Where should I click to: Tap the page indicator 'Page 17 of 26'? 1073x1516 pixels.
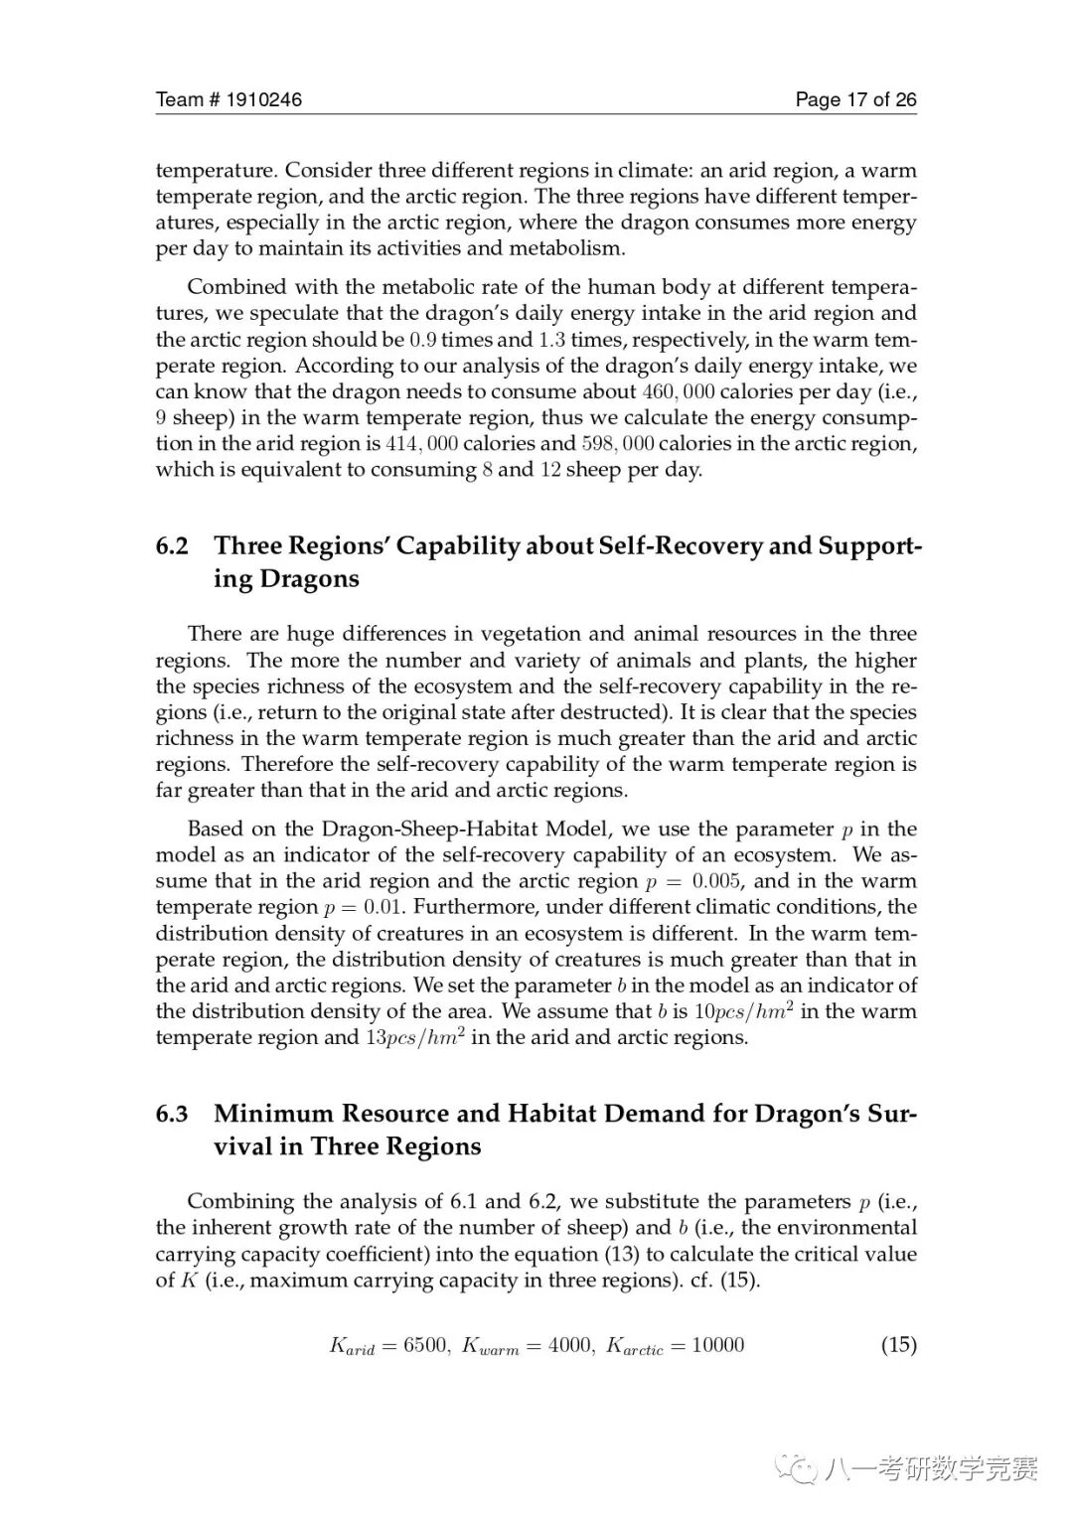point(855,99)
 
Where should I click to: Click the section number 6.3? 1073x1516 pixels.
point(172,1114)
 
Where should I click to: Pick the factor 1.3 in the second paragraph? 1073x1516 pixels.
point(551,340)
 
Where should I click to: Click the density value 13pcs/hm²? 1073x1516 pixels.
point(409,1037)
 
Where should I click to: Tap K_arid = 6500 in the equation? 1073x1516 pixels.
point(388,1346)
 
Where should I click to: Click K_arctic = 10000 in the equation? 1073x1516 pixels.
point(675,1346)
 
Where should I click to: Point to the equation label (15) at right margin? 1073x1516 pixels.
point(898,1345)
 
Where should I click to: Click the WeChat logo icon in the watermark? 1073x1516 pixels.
point(799,1469)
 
